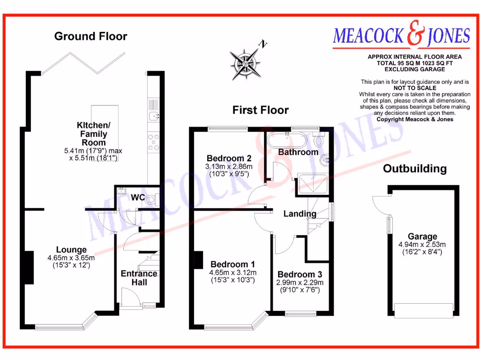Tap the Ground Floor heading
click(x=90, y=36)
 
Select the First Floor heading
click(x=261, y=110)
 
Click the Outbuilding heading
click(x=415, y=169)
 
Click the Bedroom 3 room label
click(x=300, y=274)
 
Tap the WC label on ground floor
click(x=138, y=197)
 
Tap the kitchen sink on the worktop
click(x=153, y=115)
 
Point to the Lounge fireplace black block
click(x=29, y=267)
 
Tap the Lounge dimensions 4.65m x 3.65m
click(x=71, y=258)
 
